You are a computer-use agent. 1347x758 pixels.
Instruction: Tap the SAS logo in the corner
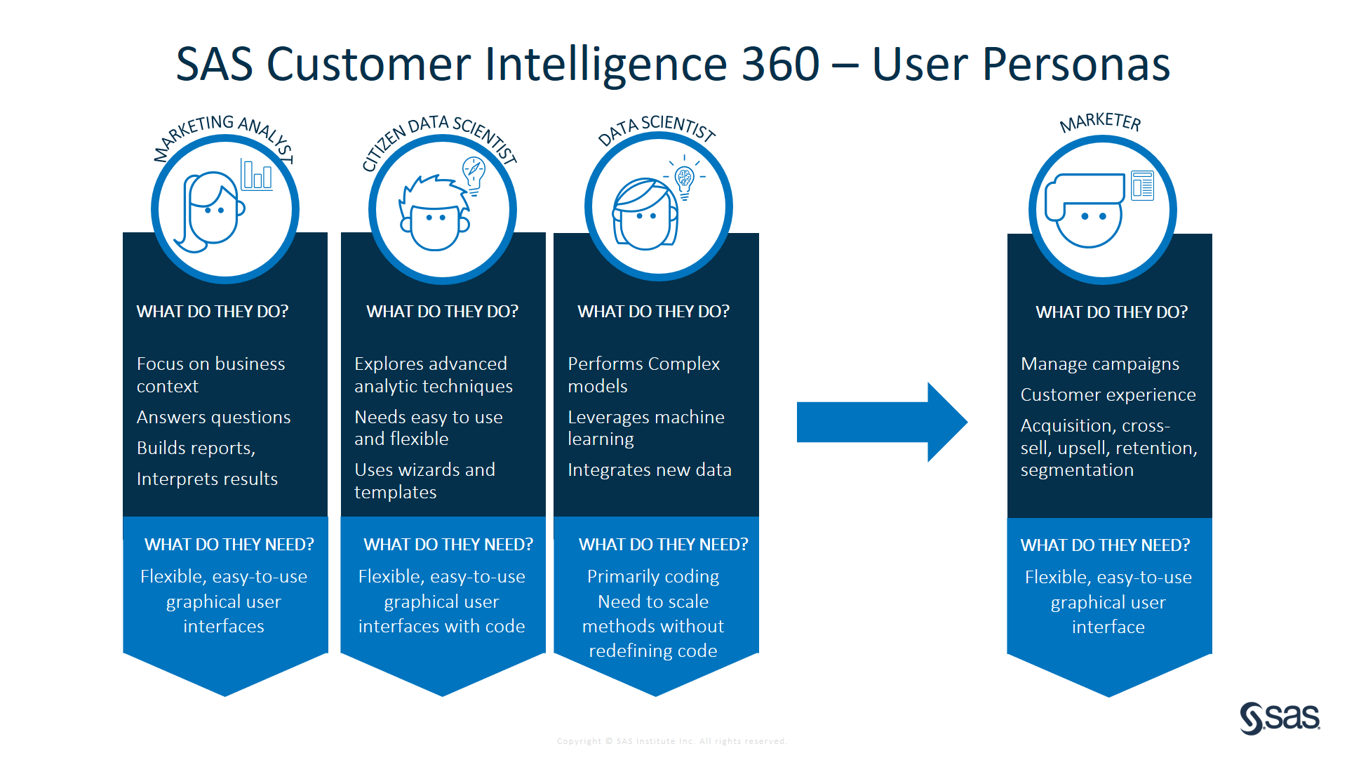[1280, 718]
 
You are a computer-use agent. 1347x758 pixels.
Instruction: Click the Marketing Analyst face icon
[210, 211]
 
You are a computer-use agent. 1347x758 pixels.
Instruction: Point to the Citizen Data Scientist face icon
[434, 214]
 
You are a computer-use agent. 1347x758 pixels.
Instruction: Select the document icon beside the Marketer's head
[1142, 185]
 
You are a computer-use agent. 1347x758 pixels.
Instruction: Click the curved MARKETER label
[1100, 122]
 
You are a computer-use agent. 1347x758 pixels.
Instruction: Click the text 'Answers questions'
[213, 417]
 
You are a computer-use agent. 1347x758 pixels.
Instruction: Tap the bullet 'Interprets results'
[207, 479]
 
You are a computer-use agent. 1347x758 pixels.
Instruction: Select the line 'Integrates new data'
[649, 470]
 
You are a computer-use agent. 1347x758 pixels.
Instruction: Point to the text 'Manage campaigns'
[1099, 364]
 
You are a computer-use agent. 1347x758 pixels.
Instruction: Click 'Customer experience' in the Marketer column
[1108, 394]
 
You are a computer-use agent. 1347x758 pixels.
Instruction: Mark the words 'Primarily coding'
[652, 576]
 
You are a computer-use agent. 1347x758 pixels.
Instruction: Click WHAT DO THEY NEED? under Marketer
[1105, 545]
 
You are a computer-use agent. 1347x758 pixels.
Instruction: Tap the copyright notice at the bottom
[671, 741]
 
